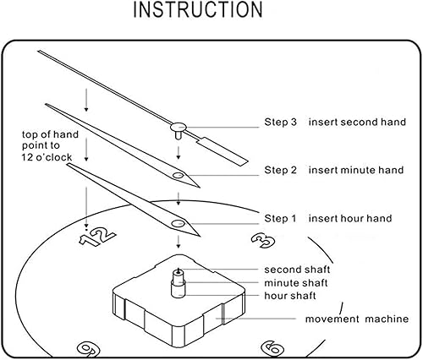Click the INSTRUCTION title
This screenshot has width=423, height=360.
(198, 10)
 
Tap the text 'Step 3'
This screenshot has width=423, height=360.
(281, 122)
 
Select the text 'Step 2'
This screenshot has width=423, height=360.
(281, 170)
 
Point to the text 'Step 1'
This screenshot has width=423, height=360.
(280, 218)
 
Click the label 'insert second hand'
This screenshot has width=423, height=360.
(357, 122)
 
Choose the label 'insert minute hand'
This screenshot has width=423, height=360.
(356, 170)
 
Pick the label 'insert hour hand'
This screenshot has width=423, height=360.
(350, 218)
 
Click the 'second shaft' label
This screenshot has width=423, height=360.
(297, 270)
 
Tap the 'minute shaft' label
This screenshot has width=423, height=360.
(296, 283)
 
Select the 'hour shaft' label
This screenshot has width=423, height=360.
(290, 296)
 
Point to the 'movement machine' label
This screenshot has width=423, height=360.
(357, 319)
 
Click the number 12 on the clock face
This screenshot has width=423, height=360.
(97, 237)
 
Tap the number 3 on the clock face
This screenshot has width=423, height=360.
(263, 240)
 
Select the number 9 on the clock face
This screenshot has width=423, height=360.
(89, 350)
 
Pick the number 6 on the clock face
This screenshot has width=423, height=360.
(272, 349)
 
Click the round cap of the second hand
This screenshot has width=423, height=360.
(179, 128)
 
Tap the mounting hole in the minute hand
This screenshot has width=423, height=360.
(179, 176)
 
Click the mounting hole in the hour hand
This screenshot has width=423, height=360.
(179, 224)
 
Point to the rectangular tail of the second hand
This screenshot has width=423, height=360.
(224, 151)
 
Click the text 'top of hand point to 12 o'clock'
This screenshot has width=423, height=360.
(50, 145)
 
